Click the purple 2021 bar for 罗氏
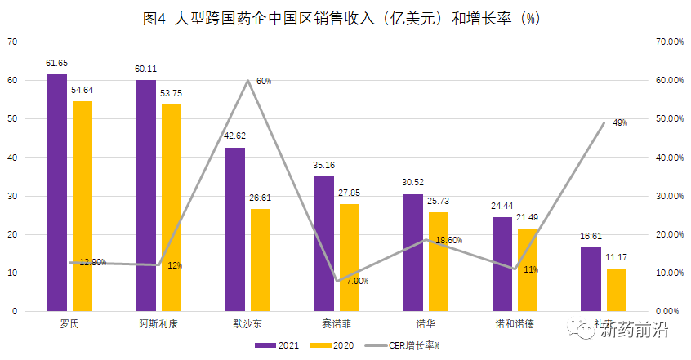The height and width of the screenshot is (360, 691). pyautogui.click(x=57, y=193)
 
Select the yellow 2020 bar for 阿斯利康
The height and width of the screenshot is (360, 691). pyautogui.click(x=172, y=207)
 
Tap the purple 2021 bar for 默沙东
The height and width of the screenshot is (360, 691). pyautogui.click(x=235, y=229)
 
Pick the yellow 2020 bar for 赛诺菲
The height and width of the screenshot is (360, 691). pyautogui.click(x=349, y=257)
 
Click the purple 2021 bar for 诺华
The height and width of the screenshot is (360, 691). pyautogui.click(x=413, y=252)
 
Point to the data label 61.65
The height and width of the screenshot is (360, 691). pyautogui.click(x=57, y=63)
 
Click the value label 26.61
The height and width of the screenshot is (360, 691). pyautogui.click(x=261, y=198)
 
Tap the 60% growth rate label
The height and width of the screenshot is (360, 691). pyautogui.click(x=264, y=82)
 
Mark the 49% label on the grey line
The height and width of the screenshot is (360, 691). pyautogui.click(x=619, y=122)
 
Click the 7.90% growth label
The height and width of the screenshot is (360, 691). pyautogui.click(x=357, y=281)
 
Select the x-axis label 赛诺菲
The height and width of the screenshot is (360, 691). pyautogui.click(x=337, y=323)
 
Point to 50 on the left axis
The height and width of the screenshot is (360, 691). pyautogui.click(x=12, y=119)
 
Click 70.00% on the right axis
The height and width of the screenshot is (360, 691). pyautogui.click(x=669, y=42)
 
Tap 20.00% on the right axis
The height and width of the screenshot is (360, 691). pyautogui.click(x=669, y=234)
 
